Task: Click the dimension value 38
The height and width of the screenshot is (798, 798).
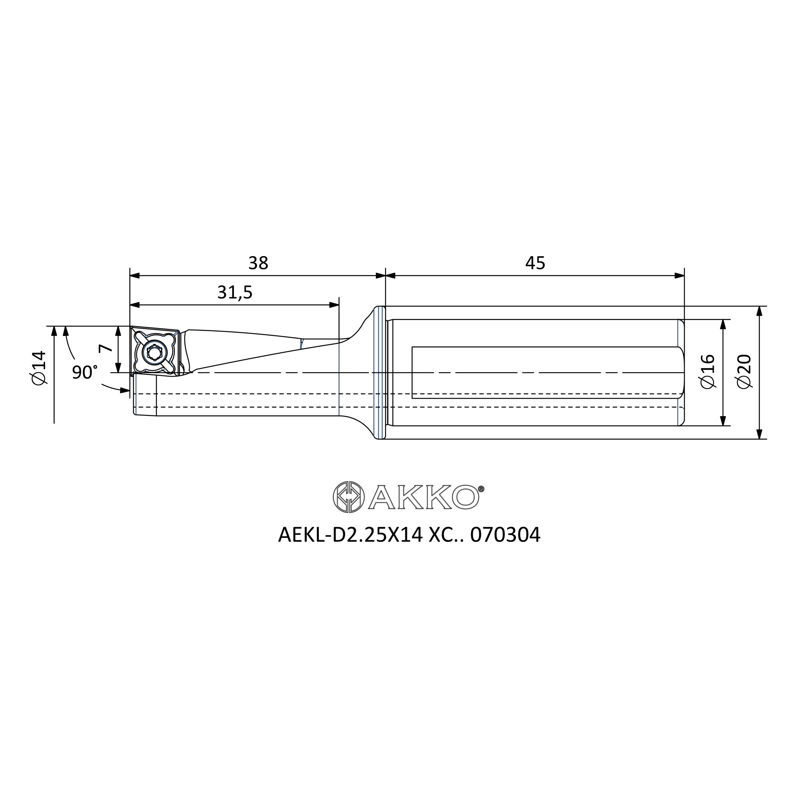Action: (258, 263)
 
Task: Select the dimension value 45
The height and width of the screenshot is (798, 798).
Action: (535, 263)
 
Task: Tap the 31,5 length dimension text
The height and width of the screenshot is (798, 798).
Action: (235, 292)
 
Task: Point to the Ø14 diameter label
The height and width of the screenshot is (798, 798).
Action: (38, 367)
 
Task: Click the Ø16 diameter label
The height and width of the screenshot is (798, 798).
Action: (707, 371)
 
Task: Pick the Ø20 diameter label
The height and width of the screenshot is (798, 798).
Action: (744, 371)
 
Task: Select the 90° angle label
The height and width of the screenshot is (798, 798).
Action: (85, 372)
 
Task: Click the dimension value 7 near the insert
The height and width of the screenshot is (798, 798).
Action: (106, 348)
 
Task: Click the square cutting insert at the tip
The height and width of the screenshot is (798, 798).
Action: (154, 352)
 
